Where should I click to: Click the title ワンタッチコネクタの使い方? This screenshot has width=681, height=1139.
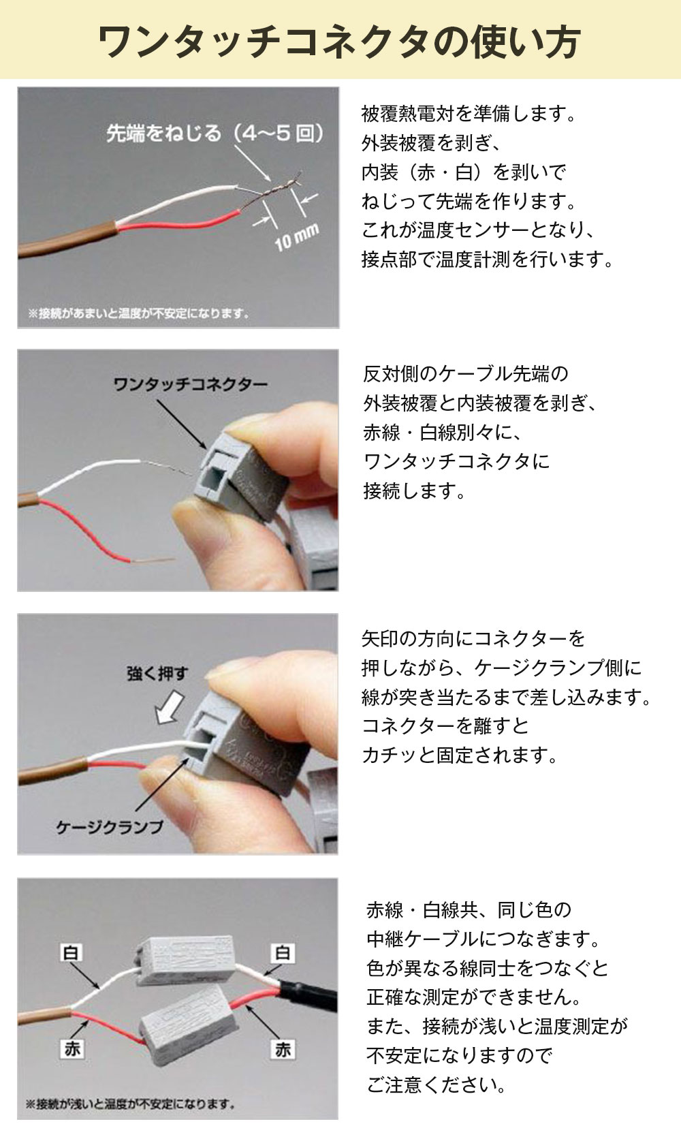click(x=340, y=42)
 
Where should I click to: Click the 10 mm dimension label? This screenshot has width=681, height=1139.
click(x=297, y=237)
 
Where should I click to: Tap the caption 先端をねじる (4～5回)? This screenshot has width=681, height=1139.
click(x=215, y=134)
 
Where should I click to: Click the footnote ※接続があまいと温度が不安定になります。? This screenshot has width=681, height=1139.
click(x=138, y=313)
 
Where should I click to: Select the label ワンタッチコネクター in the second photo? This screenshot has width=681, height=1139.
click(x=191, y=384)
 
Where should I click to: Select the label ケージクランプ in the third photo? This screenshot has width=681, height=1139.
click(x=110, y=827)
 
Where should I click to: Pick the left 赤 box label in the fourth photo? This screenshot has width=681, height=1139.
click(x=72, y=1048)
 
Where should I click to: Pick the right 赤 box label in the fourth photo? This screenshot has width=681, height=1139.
click(x=283, y=1049)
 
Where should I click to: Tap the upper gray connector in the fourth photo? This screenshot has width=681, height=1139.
click(x=185, y=960)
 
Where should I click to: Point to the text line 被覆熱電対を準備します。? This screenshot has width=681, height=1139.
click(x=469, y=114)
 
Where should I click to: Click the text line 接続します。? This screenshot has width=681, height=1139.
click(x=414, y=491)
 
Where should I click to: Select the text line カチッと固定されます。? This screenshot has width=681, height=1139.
click(x=460, y=755)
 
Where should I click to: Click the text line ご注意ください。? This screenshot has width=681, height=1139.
click(x=436, y=1085)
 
